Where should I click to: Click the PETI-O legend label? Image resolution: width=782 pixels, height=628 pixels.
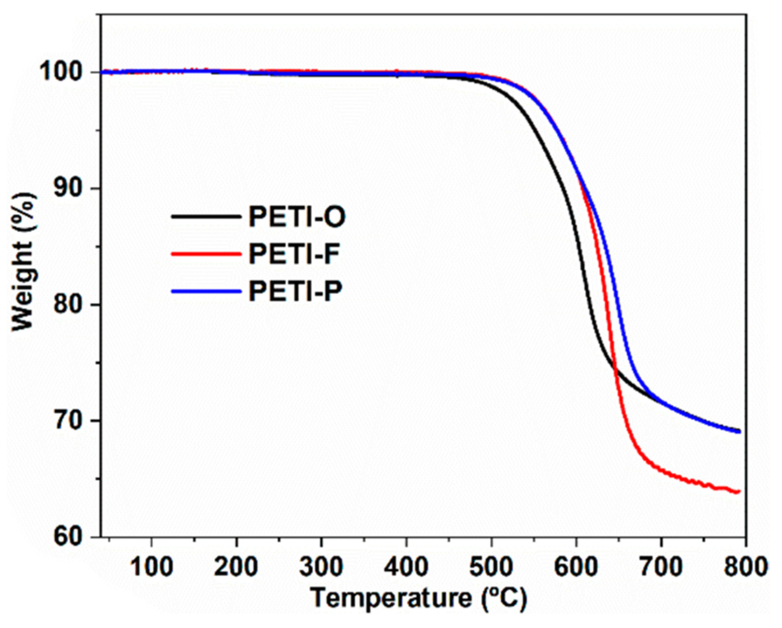297,217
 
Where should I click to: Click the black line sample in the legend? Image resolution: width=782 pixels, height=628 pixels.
206,217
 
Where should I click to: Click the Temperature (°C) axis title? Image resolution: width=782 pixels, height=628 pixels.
419,599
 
